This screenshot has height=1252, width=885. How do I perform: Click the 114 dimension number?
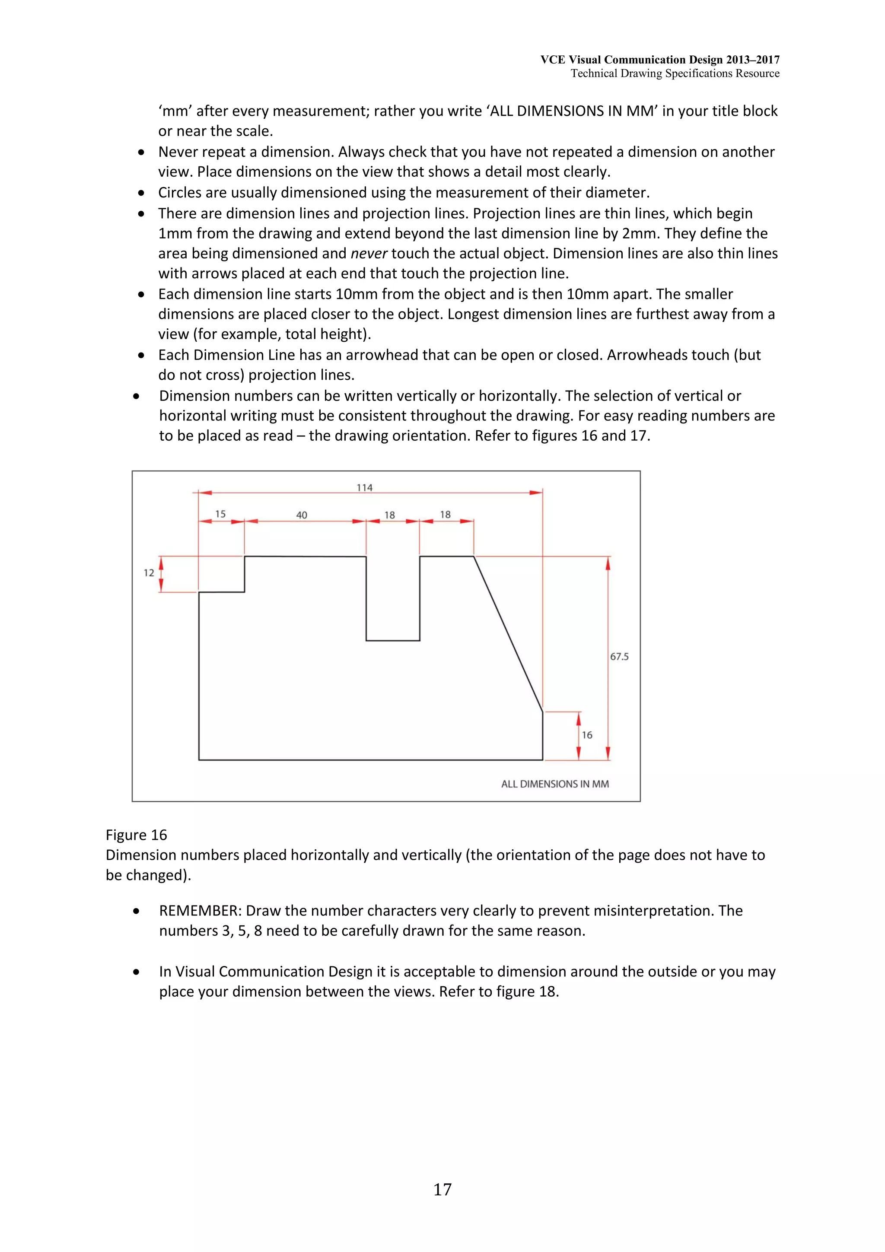tap(364, 487)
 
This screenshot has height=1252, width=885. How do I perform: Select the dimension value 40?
tap(302, 515)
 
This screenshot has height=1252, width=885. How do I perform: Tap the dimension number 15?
tap(220, 514)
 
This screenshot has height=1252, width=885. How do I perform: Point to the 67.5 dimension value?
tap(619, 657)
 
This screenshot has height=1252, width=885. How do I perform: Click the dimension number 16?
tap(587, 735)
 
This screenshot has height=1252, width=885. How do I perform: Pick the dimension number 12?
tap(149, 572)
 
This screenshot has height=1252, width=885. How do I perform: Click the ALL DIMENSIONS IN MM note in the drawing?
tap(554, 784)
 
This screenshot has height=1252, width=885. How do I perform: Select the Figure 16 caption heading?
tap(136, 835)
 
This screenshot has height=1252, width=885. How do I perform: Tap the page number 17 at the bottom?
tap(442, 1189)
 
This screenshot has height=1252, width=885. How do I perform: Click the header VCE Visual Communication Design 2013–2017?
tap(660, 60)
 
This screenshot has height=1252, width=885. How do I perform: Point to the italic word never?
tap(369, 254)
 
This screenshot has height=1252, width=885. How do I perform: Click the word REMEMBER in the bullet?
tap(200, 911)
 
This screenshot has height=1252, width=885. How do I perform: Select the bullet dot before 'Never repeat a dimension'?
tap(142, 153)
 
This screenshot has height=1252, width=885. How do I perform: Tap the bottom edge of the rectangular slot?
tap(393, 641)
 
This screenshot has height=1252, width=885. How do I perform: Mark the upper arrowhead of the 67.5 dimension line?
tap(608, 563)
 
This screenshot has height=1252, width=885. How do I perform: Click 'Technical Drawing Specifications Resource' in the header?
tap(675, 73)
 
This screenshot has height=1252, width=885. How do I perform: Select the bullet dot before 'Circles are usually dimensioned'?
tap(142, 193)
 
